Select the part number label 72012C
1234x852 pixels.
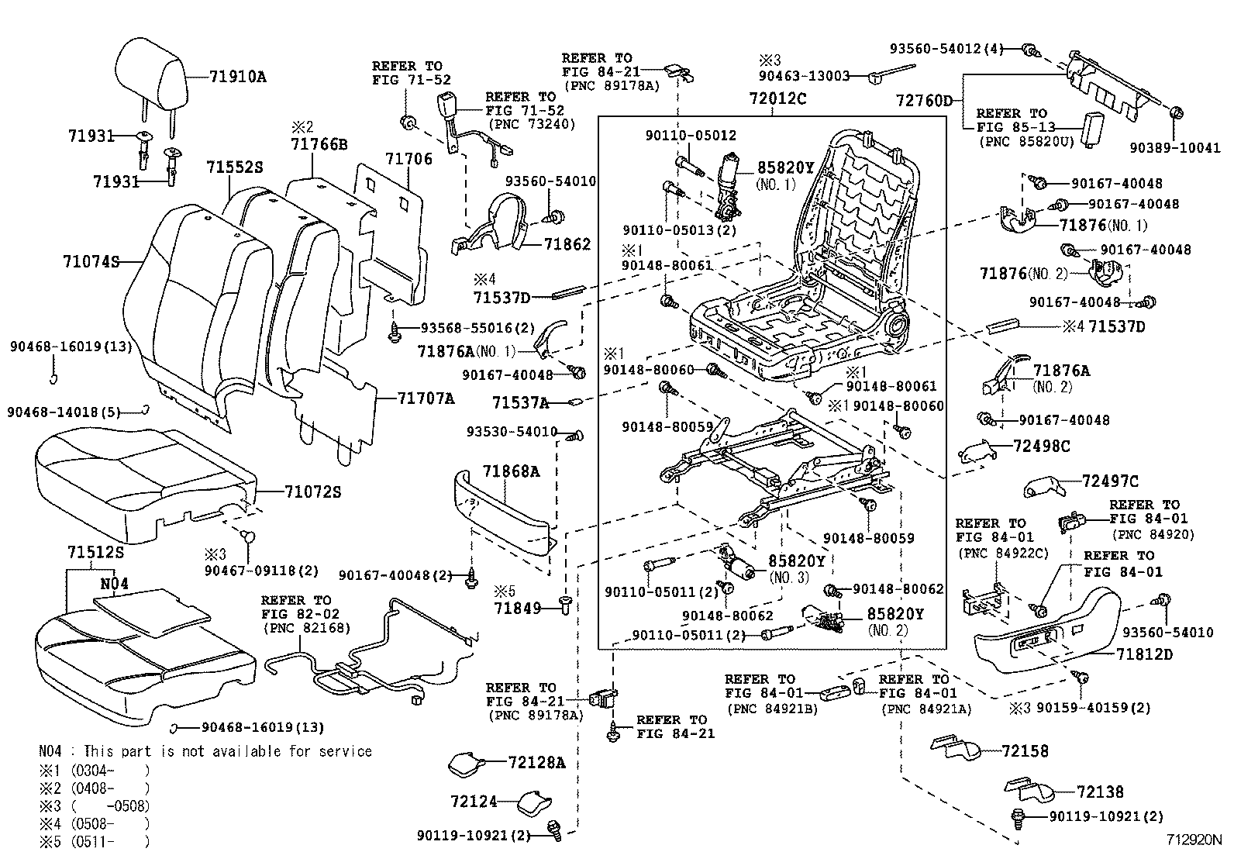click(x=777, y=98)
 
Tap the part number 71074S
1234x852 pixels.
click(x=91, y=261)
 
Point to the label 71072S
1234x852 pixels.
click(x=312, y=492)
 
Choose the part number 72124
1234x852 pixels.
click(x=474, y=800)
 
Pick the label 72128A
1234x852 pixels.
click(x=537, y=763)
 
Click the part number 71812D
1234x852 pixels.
click(x=1144, y=654)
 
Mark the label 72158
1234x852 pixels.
click(x=1025, y=750)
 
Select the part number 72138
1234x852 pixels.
click(x=1100, y=792)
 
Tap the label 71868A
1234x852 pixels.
click(x=511, y=471)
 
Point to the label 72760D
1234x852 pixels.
click(x=923, y=101)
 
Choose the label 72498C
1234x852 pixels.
click(x=1041, y=446)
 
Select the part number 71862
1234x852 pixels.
click(x=567, y=244)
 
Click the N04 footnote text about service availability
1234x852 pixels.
click(x=205, y=751)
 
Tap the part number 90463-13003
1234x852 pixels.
click(x=805, y=76)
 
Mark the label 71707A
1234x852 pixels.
click(x=426, y=398)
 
